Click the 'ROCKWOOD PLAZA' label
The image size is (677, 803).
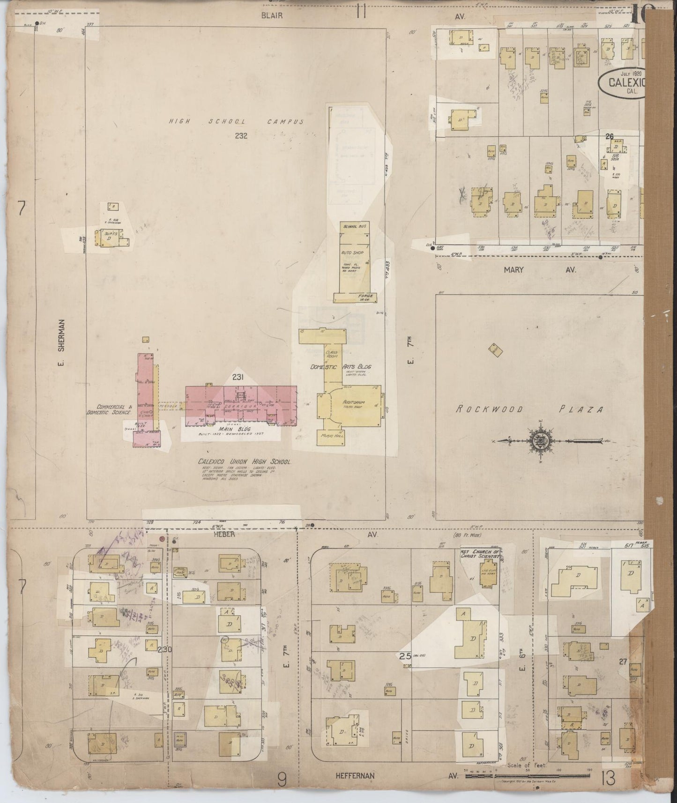click(x=529, y=409)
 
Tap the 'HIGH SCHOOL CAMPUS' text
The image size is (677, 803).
click(x=236, y=122)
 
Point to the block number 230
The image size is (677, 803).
click(x=165, y=649)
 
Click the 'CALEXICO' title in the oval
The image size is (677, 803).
click(x=626, y=82)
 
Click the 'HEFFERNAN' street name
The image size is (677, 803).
click(x=355, y=775)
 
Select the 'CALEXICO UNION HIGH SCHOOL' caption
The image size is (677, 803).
click(x=244, y=461)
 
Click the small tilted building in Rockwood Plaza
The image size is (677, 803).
click(x=494, y=348)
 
